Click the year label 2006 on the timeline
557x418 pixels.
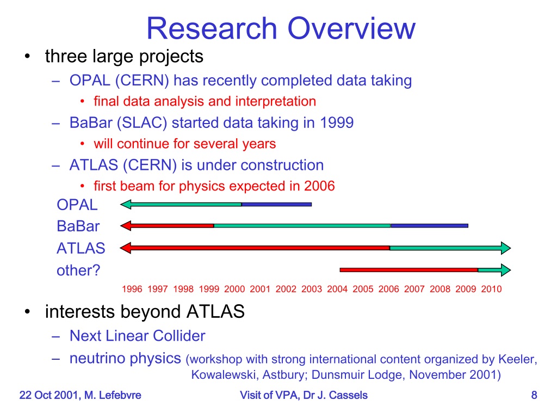[388, 289]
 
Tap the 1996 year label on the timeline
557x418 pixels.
[132, 289]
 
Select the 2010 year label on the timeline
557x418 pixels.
[491, 289]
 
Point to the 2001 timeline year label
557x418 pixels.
[260, 289]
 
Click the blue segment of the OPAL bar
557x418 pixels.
[277, 205]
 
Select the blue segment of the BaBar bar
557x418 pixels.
[430, 226]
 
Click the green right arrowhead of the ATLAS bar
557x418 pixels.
[506, 248]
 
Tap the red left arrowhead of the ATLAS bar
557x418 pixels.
[126, 248]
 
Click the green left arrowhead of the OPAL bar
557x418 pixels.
[126, 205]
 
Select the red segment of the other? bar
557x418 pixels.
[409, 270]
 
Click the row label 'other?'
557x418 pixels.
[78, 271]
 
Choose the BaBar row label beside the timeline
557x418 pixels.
[78, 226]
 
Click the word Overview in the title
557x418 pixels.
[351, 28]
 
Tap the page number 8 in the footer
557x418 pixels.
[534, 395]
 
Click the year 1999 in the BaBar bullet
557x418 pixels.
[336, 122]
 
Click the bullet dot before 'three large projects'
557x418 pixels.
[27, 56]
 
